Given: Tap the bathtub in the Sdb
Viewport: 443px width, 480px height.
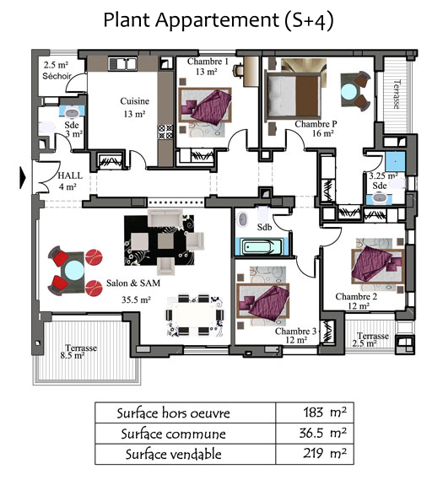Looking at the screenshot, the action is [262, 246].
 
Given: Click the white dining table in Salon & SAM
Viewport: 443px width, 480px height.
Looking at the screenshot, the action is [194, 315].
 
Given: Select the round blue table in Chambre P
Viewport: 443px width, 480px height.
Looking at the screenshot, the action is [349, 92].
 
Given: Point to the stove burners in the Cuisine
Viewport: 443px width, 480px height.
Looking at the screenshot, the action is [165, 132].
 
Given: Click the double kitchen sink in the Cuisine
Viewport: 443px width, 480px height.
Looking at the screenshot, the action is [122, 64].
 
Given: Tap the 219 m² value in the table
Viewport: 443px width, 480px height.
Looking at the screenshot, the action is [325, 453].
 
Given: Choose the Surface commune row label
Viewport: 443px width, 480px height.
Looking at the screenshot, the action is [173, 434].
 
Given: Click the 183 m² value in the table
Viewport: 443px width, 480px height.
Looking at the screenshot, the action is [325, 413].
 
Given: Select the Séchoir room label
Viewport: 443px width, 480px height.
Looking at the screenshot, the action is [57, 76].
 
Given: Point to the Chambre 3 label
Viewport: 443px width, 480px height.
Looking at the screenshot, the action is [295, 332].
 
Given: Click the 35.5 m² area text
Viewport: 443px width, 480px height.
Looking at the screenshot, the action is [136, 299].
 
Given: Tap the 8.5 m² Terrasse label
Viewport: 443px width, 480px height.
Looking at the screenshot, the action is [73, 356].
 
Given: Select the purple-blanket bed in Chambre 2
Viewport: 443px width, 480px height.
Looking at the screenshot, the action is [376, 265].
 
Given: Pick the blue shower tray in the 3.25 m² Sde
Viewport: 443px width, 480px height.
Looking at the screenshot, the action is [395, 161].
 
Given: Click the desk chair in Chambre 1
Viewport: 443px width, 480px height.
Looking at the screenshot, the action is [238, 70].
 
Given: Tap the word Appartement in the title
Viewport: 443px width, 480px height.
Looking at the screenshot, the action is [217, 20].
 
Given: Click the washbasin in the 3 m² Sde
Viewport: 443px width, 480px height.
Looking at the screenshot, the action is [72, 112].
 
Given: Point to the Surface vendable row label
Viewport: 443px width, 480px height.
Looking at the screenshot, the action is [173, 455].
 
